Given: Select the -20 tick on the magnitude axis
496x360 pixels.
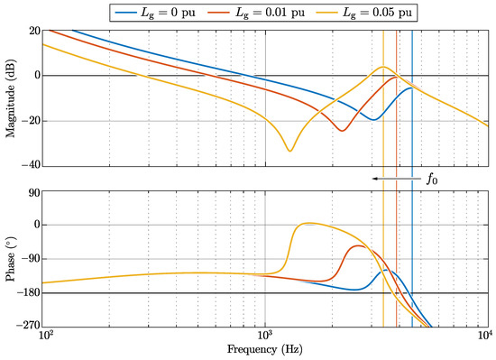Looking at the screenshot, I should pos(30,121).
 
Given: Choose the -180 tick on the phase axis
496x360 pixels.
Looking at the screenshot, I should pos(28,293).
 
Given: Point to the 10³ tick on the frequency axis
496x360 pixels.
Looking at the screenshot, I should pos(266,337).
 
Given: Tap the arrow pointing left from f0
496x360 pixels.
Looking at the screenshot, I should pos(393,180).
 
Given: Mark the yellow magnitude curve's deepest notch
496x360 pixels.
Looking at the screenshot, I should pos(289,150).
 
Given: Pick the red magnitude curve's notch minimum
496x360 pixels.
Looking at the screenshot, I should pos(342,131).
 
